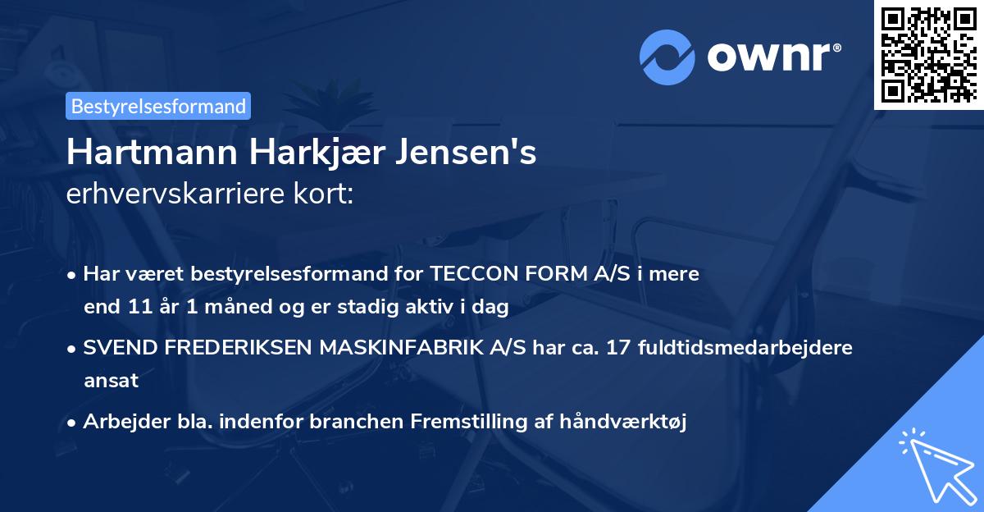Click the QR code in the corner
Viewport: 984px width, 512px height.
click(928, 54)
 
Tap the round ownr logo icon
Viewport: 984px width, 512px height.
click(667, 55)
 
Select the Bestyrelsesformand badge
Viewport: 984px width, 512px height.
click(158, 106)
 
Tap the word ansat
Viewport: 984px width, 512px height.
click(110, 381)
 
